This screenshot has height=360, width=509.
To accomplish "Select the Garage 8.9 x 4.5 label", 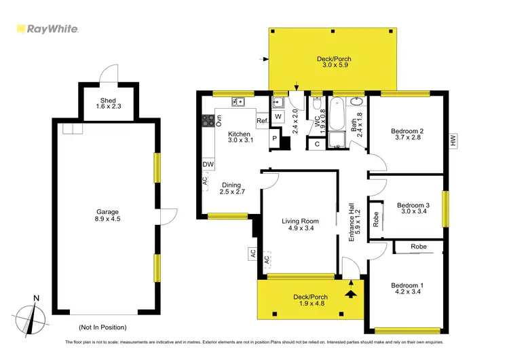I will [107, 215].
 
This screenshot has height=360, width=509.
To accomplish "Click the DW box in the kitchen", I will [208, 164].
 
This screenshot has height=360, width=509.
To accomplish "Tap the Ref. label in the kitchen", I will [263, 122].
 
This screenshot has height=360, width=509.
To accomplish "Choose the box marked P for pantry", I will [275, 139].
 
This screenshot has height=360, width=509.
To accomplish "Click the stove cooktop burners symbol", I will [208, 121].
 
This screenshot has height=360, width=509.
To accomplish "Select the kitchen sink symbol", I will [238, 103].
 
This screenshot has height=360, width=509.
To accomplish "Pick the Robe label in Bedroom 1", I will [418, 247].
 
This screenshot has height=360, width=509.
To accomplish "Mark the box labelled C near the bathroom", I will [317, 143].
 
